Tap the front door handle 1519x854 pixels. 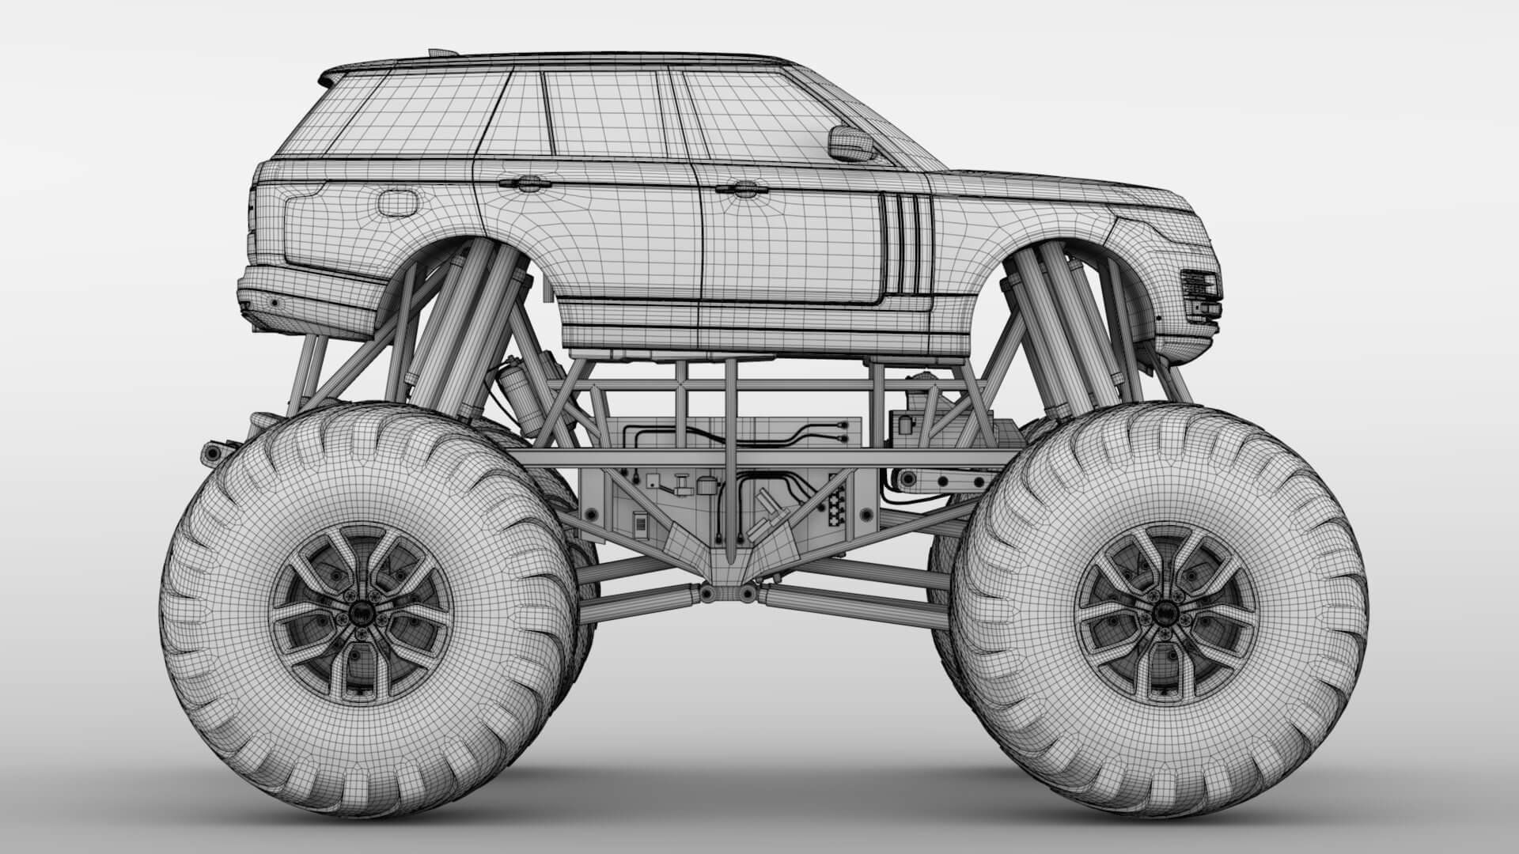coord(737,189)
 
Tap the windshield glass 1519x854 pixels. coord(886,130)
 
